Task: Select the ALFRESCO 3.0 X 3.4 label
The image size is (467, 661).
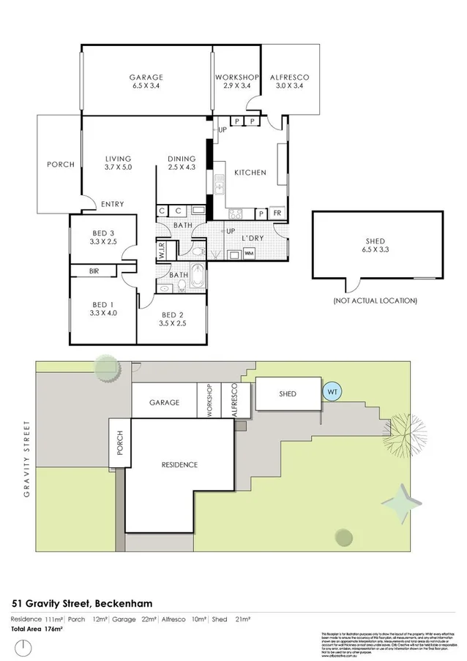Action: (290, 81)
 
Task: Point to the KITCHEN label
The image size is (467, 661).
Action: (250, 173)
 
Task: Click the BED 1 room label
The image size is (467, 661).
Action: (103, 308)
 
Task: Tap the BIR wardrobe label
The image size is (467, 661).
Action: (94, 271)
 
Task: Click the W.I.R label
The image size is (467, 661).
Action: (162, 252)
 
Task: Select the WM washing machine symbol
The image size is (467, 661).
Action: (249, 254)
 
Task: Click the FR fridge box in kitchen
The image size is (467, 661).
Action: (277, 214)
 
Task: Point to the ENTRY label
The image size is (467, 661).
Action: (112, 204)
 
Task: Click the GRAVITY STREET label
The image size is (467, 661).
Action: (28, 458)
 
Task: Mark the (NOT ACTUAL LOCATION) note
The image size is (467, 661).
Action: (375, 301)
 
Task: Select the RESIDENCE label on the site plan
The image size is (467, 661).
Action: (180, 465)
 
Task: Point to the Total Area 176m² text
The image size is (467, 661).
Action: (37, 628)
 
